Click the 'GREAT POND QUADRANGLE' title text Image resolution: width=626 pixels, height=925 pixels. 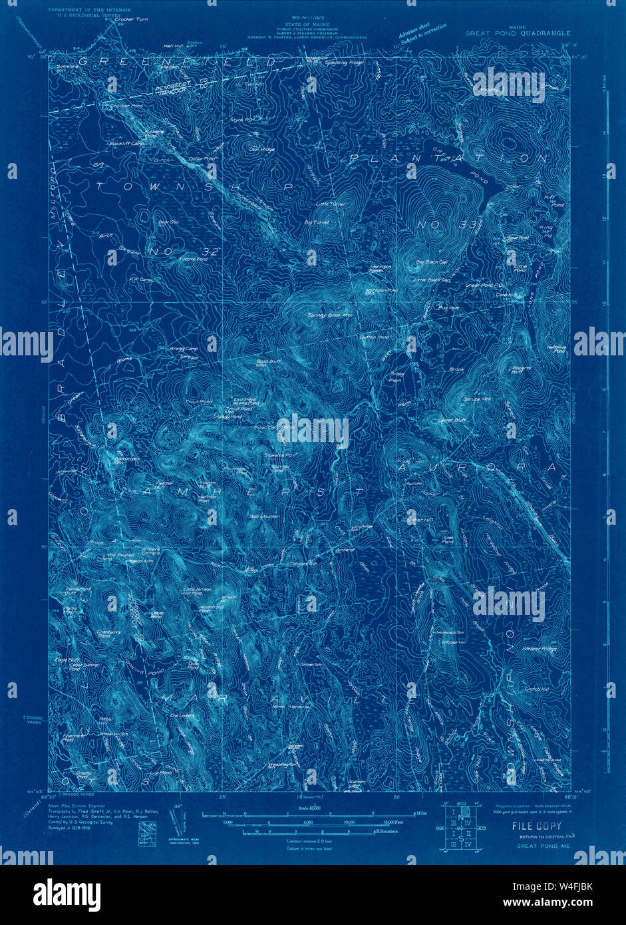pyautogui.click(x=517, y=33)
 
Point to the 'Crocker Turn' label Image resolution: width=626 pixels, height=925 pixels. pyautogui.click(x=129, y=19)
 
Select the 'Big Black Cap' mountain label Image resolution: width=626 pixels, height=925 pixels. pyautogui.click(x=430, y=263)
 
